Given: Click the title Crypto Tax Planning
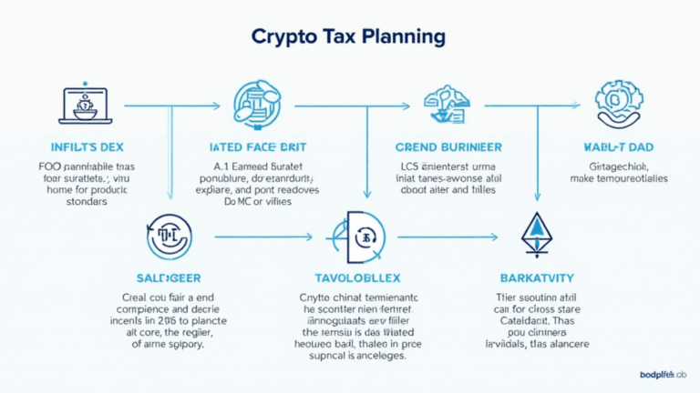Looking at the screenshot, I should tap(349, 37).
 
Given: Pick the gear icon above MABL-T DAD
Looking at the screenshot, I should tap(618, 103).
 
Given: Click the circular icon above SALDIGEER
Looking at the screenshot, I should tap(168, 235).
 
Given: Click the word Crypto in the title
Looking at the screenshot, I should tap(285, 37).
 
